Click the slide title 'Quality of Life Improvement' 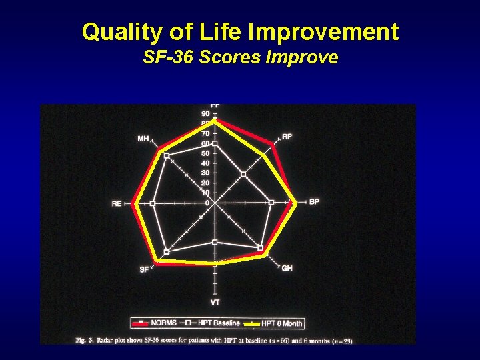coord(240,31)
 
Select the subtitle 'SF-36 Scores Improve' coord(240,57)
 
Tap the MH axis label coord(143,139)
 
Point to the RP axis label coord(287,137)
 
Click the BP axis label coord(314,201)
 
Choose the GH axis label coord(287,268)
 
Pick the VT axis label coord(215,303)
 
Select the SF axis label coord(144,269)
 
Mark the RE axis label coord(117,203)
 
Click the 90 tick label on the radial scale coord(205,114)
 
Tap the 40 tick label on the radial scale coord(205,163)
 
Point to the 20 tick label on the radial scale coord(205,183)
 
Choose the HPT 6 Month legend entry coord(281,323)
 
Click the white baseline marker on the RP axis coord(243,174)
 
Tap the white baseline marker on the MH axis coord(167,156)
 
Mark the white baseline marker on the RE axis coord(153,203)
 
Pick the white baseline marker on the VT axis coord(215,242)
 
